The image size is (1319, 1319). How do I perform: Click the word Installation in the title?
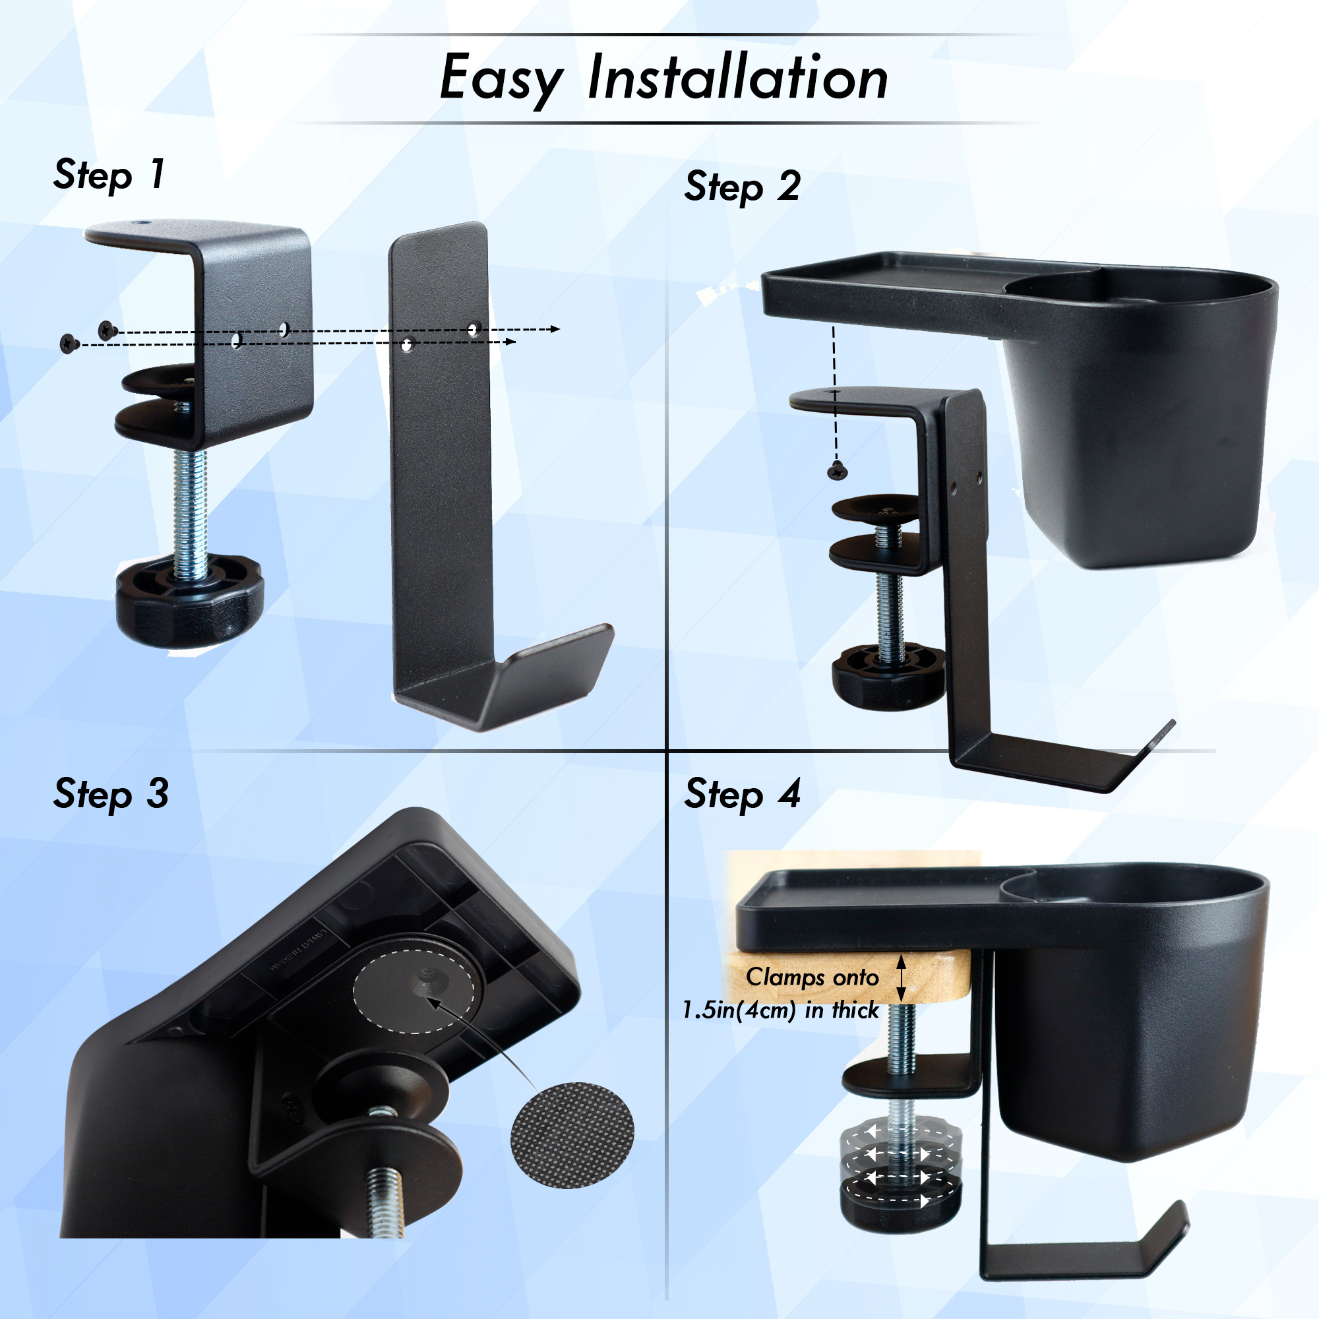(x=737, y=77)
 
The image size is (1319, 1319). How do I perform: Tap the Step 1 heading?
(x=109, y=175)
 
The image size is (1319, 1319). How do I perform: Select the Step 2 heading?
(x=742, y=187)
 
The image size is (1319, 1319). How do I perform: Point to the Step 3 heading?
(x=111, y=794)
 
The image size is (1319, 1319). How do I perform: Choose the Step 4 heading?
(x=742, y=794)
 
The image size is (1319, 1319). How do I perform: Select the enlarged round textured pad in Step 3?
(x=572, y=1134)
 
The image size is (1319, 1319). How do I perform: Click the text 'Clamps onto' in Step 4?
(x=813, y=977)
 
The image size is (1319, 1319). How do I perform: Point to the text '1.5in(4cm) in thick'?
(x=781, y=1010)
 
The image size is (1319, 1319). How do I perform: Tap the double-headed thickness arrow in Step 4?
(x=901, y=977)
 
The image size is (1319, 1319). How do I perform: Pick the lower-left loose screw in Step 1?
(x=70, y=344)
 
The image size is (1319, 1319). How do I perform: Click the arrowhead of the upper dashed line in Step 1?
(x=555, y=329)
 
